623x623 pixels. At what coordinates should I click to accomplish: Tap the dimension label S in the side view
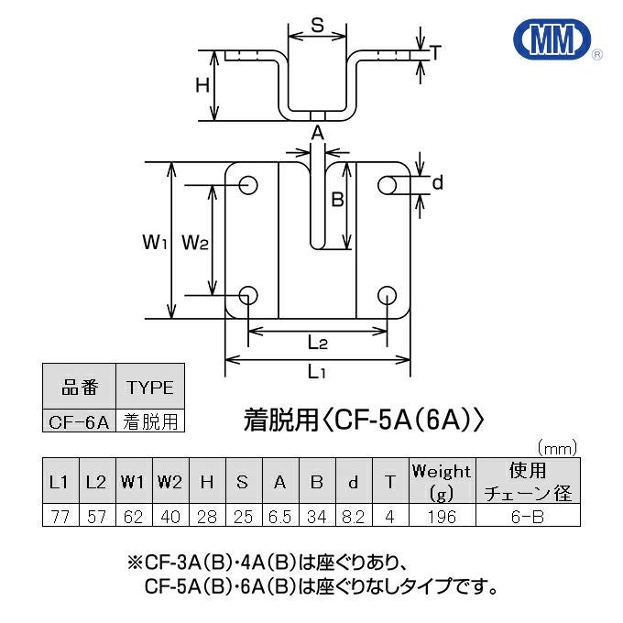click(x=315, y=26)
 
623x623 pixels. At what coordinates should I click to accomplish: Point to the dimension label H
click(x=202, y=86)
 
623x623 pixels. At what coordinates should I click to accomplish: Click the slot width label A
click(x=317, y=134)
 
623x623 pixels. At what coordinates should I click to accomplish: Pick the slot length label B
click(x=336, y=199)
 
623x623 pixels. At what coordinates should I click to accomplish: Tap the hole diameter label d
click(x=437, y=183)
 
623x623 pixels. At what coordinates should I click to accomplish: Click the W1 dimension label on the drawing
click(x=154, y=242)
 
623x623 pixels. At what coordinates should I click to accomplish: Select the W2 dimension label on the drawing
click(x=196, y=242)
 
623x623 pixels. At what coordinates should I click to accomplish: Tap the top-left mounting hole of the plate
click(x=248, y=185)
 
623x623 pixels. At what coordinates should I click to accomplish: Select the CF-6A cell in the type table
click(x=79, y=422)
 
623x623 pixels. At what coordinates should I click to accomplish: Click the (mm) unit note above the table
click(x=556, y=449)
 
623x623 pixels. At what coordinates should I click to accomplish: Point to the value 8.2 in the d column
click(x=353, y=517)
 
